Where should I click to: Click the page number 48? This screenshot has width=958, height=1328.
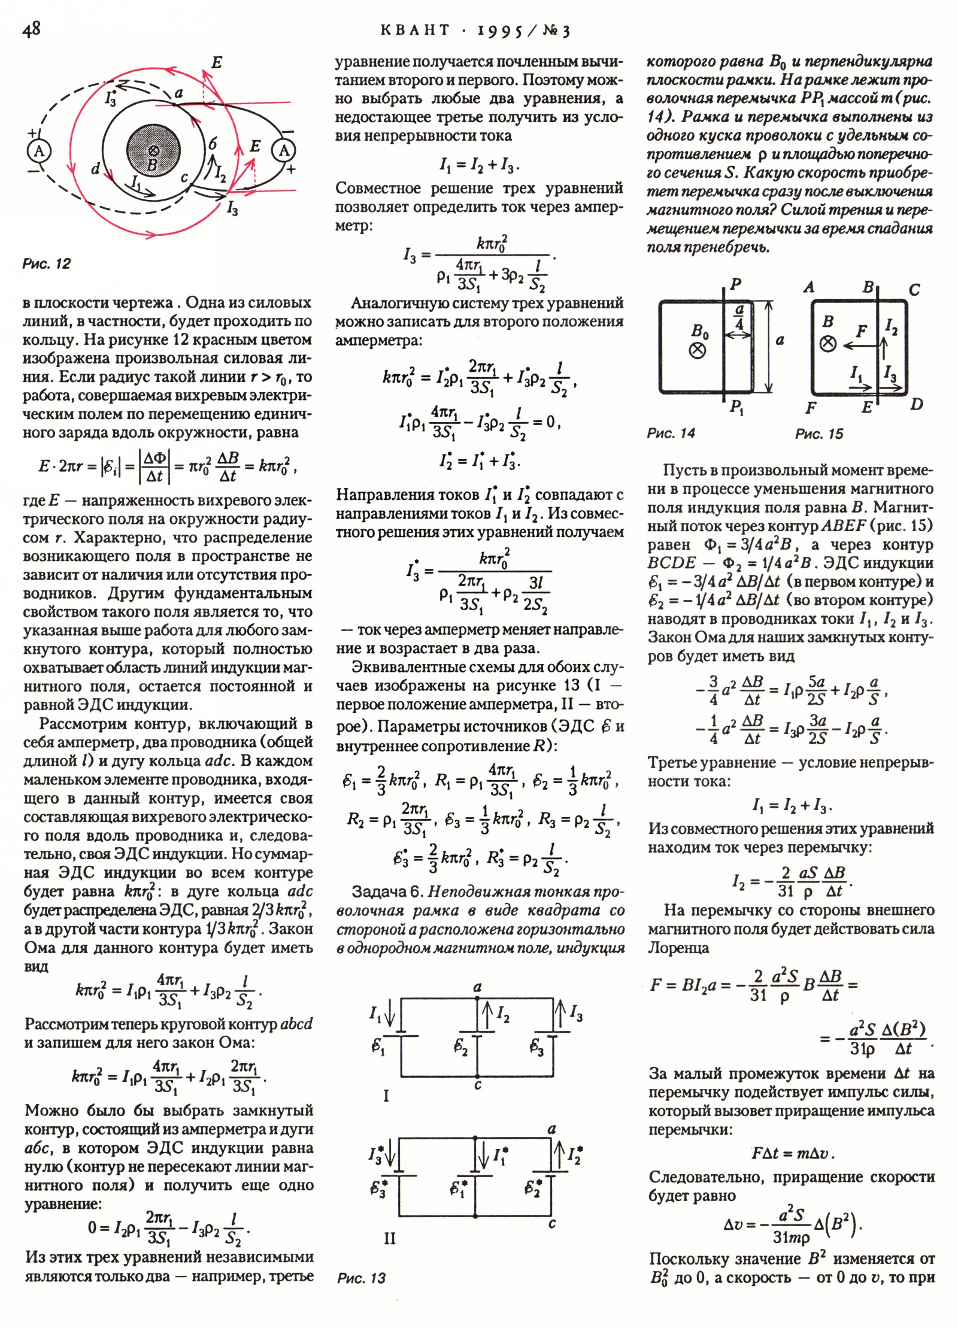(31, 29)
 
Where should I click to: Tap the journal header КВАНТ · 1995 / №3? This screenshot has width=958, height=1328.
(475, 31)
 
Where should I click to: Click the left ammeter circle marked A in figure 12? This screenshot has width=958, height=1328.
(39, 151)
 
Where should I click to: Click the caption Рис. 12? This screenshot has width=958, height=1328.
(46, 264)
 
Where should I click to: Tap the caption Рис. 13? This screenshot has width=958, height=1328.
(361, 1278)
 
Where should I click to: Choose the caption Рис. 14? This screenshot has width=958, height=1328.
(671, 433)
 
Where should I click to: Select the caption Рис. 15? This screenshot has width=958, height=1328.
(818, 433)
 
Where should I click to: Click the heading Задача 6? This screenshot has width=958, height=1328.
(387, 892)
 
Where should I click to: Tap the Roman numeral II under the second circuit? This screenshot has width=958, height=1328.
(389, 1239)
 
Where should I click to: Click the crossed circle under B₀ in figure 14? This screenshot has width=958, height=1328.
(698, 350)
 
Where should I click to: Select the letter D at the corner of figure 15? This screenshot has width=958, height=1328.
(916, 405)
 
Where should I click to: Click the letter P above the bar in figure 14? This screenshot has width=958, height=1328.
(736, 284)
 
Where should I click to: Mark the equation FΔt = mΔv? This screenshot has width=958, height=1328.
(792, 1153)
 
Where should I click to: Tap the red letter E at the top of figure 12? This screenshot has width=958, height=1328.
(217, 62)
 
